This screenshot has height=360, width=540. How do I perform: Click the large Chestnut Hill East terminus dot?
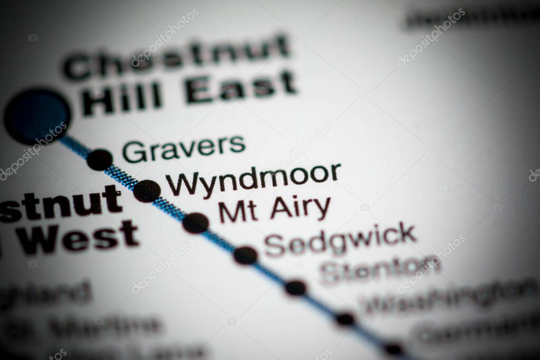click(x=37, y=116)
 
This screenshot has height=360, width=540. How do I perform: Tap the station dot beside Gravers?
click(x=99, y=159)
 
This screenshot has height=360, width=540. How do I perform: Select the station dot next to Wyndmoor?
click(x=147, y=190)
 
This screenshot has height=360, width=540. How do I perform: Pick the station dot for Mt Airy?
click(x=196, y=223)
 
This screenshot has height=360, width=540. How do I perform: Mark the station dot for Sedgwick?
click(x=246, y=256)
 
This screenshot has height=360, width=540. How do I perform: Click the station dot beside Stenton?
click(x=295, y=288)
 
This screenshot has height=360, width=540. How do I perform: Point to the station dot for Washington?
click(x=345, y=318)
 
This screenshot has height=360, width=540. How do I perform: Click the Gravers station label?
click(x=184, y=148)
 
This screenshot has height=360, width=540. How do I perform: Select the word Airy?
click(x=301, y=209)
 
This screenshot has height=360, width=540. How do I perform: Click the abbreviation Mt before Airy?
click(x=238, y=211)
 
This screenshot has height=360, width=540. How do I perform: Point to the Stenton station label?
click(x=380, y=269)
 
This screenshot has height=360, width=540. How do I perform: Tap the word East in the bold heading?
click(x=240, y=87)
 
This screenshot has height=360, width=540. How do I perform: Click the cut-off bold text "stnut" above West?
click(x=61, y=203)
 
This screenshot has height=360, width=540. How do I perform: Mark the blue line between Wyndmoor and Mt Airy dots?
click(x=171, y=207)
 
